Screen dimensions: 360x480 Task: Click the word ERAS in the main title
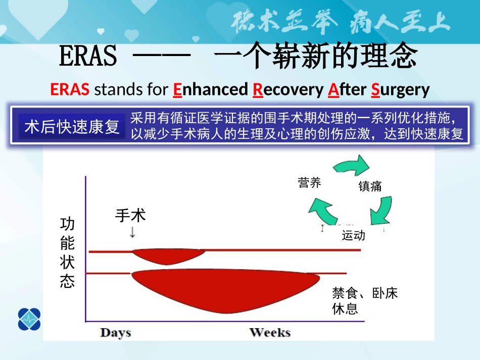(x=88, y=57)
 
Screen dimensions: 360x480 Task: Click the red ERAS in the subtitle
(x=70, y=89)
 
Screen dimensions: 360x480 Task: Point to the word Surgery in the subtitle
(x=400, y=89)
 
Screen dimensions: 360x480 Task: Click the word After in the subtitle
(x=347, y=89)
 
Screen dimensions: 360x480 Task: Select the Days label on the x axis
(x=115, y=332)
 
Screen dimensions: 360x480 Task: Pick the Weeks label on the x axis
(x=270, y=332)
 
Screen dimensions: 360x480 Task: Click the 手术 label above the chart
(x=130, y=216)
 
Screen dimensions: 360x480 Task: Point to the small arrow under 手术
(x=132, y=232)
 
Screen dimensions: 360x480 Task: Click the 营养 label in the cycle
(x=309, y=183)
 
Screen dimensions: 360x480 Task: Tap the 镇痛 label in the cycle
(x=370, y=186)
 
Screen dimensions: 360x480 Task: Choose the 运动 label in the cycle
(x=353, y=235)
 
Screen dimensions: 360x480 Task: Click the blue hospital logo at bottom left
(x=29, y=319)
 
